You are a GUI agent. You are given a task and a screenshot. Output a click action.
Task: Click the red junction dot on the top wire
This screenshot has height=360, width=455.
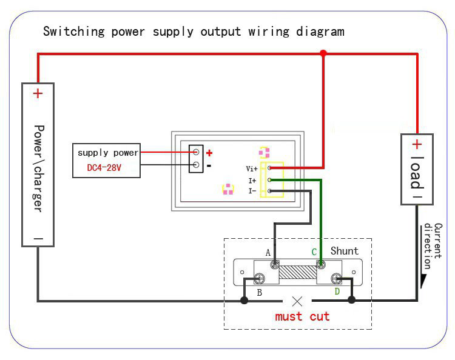pos(323,53)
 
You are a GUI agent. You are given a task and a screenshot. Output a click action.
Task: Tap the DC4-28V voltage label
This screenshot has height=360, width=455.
pos(104,167)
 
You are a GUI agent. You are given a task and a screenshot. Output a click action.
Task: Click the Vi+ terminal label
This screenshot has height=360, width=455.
pos(252,168)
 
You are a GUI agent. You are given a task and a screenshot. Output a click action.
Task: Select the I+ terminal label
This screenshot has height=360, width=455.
pos(252,181)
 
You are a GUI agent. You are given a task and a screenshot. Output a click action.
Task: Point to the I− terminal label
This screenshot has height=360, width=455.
pos(252,191)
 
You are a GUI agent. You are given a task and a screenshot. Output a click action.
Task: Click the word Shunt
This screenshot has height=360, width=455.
pos(345,251)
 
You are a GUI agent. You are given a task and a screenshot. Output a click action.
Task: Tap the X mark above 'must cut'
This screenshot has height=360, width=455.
pos(297,301)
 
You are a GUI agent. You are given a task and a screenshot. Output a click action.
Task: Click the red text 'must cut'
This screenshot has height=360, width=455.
pos(302,316)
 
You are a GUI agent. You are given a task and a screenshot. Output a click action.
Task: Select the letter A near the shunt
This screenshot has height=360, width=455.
pos(268,253)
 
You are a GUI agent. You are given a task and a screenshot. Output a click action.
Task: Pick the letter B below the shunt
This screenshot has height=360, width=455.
pos(260,293)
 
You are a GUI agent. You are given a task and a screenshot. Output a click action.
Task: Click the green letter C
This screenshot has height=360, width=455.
pos(314,252)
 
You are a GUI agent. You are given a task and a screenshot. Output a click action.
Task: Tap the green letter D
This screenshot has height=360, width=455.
pos(337,292)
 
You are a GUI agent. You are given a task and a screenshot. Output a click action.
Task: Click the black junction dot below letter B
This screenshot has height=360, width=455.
pos(244,300)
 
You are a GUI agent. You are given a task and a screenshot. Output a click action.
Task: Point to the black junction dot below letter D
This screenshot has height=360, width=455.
pos(352,300)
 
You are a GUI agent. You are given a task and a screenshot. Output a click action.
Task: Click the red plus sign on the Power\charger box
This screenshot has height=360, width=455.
pos(38,93)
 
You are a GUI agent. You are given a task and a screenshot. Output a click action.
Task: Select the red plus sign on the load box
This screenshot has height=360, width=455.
pos(417,144)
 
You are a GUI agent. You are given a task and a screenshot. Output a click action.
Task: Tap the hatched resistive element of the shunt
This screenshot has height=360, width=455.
pos(297,272)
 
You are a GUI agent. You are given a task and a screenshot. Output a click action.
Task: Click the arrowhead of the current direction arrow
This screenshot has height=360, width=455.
pos(423,281)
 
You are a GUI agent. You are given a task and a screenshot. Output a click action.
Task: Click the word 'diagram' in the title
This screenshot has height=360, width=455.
pos(320,32)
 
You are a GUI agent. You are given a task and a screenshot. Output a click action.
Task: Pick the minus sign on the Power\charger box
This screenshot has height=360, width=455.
pos(38,239)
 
